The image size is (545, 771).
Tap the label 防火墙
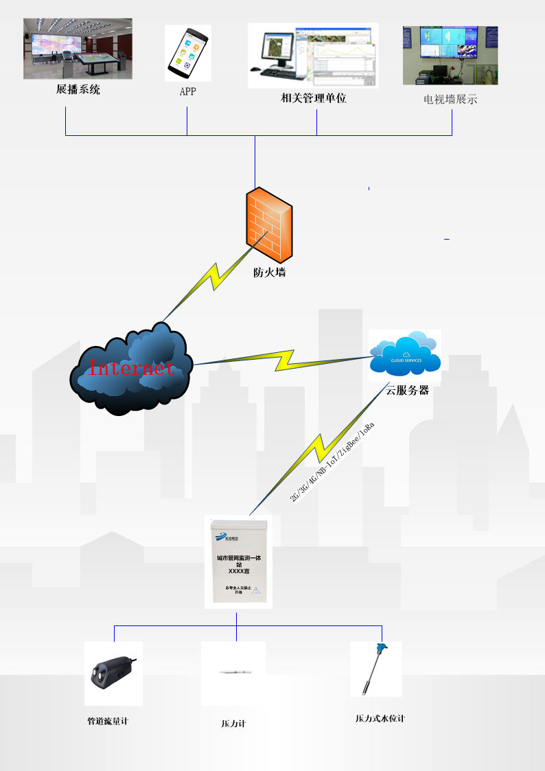[269, 273]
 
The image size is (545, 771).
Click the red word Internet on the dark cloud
[131, 367]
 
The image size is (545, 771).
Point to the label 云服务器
[406, 390]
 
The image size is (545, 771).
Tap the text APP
[187, 91]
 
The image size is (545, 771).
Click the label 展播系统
[78, 89]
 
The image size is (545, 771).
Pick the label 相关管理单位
[314, 98]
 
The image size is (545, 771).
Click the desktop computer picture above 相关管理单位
[313, 55]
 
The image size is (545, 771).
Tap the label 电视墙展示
[450, 100]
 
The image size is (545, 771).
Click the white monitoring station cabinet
[238, 562]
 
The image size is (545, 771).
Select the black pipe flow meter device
[113, 673]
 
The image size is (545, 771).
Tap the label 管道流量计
[108, 722]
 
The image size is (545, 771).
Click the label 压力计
[233, 724]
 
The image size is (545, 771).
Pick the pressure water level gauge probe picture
[375, 669]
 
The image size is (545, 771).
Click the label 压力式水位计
[380, 719]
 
